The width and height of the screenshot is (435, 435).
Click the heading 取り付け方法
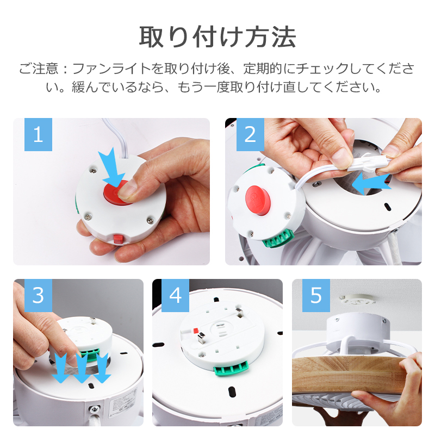pos(217,36)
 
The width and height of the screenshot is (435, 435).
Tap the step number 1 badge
pos(38,134)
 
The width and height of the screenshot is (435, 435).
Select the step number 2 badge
pos(250,134)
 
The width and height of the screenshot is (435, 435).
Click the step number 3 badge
pos(38,295)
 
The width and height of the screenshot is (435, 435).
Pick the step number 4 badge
pos(175,295)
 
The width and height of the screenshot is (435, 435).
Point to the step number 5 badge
pos(316,295)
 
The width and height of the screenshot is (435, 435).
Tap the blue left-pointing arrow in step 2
pos(371,184)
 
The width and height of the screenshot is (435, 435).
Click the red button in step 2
pos(258,200)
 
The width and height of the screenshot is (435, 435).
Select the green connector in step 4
pos(231,369)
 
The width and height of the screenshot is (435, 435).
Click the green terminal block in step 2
pos(278,239)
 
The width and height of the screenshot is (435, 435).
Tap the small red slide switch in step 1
pos(118,239)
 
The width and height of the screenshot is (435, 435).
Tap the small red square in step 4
pos(196,330)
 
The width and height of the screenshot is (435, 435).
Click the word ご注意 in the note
pos(39,69)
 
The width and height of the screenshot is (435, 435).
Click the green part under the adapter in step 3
pos(89,354)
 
